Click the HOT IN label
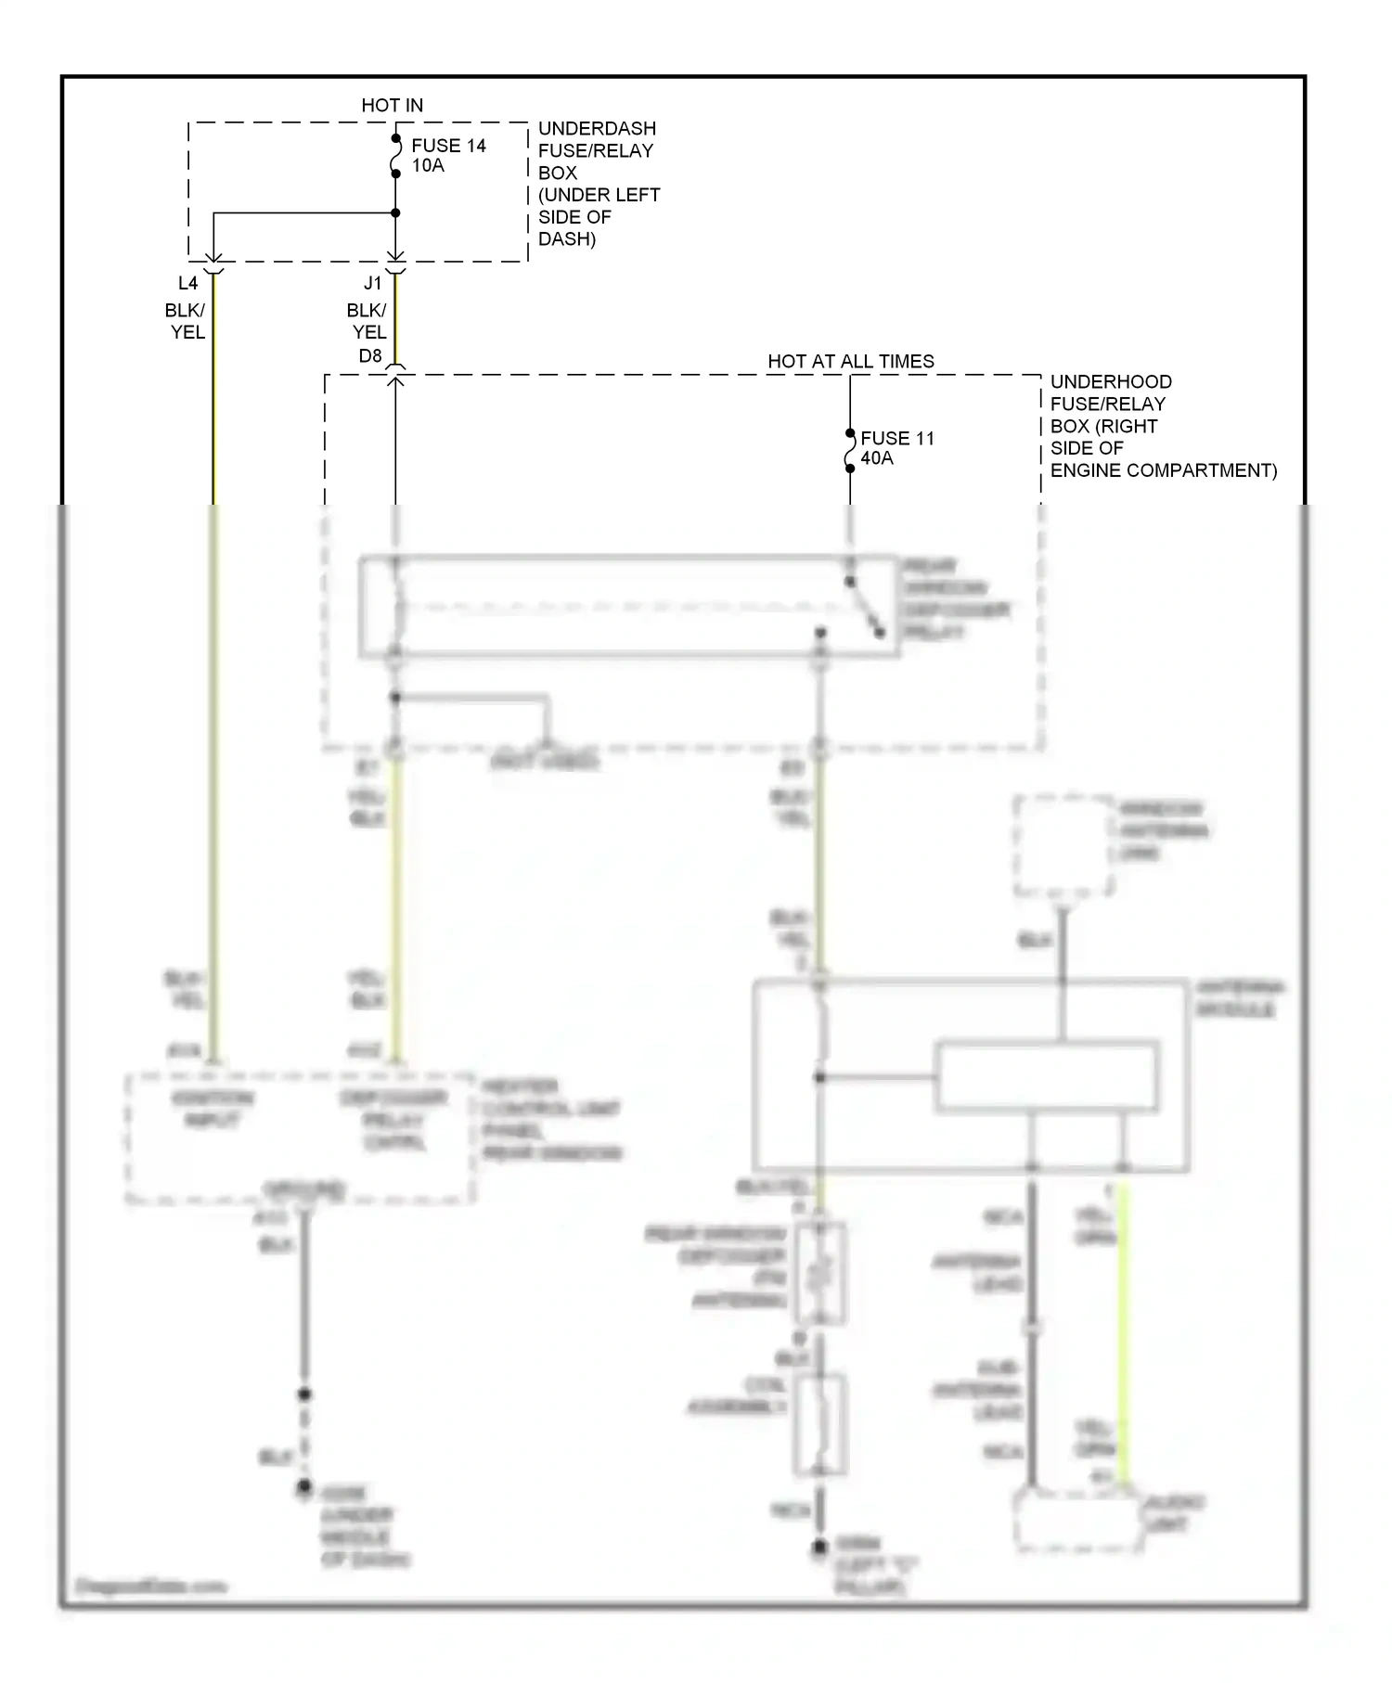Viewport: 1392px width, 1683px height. pos(392,106)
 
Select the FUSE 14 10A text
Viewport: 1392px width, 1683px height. pos(447,155)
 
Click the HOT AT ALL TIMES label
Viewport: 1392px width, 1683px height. pos(850,362)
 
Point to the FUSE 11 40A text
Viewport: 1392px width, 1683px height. pos(896,447)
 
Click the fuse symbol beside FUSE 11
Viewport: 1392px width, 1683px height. pos(849,451)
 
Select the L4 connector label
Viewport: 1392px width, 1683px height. pos(187,283)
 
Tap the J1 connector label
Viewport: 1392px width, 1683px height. pos(372,283)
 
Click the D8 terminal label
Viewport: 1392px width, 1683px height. pos(369,356)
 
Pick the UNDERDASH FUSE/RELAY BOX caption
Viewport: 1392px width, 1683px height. pos(598,183)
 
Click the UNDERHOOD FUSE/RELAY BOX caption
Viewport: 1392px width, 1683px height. pos(1162,426)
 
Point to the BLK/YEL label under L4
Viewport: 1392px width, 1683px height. pos(186,321)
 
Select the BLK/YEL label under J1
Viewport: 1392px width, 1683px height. pos(367,321)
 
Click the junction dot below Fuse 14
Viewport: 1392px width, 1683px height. pos(395,213)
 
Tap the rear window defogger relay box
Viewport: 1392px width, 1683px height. pos(628,608)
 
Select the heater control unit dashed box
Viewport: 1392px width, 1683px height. pos(300,1139)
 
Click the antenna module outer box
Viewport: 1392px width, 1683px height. pos(970,1075)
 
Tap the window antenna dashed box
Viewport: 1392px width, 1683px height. pos(1063,846)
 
